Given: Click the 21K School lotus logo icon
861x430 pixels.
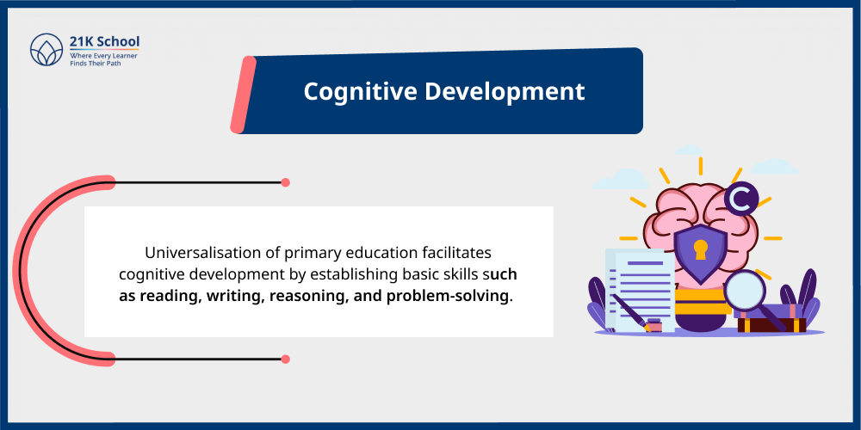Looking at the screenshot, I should click(45, 50).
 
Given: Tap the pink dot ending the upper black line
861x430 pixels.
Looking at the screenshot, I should click(285, 182).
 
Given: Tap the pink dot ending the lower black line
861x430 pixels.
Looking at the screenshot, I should click(285, 359).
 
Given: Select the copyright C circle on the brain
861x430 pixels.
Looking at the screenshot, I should click(740, 200).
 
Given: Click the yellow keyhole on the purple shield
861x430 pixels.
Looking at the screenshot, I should click(699, 250).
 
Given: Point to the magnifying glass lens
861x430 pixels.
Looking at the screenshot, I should click(746, 289).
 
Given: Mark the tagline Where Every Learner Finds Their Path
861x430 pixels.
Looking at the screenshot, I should click(102, 59).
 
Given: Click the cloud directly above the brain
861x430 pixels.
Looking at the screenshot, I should click(689, 150).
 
